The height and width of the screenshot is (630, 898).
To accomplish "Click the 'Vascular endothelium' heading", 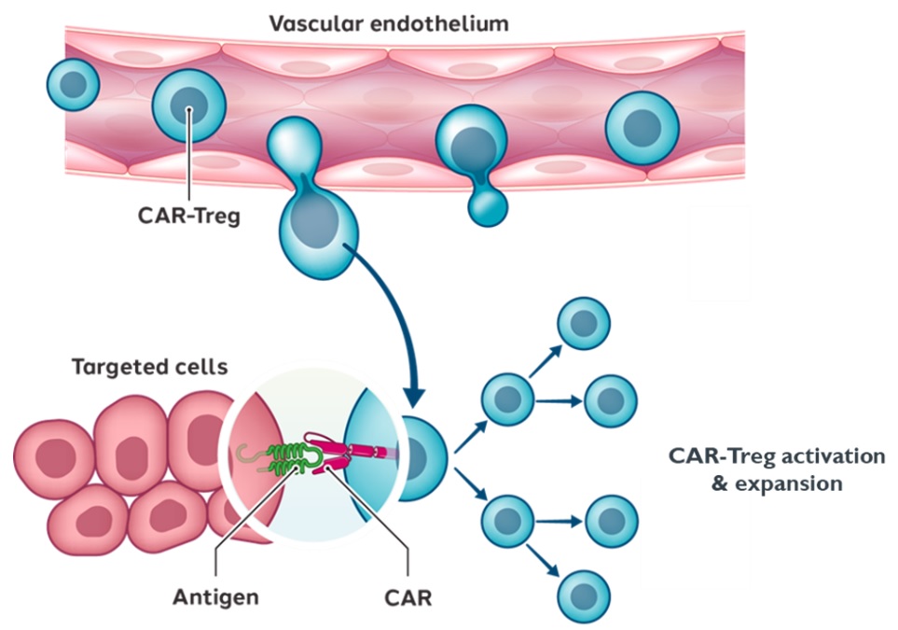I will tap(389, 23).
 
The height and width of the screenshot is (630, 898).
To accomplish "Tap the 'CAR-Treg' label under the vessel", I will tap(189, 217).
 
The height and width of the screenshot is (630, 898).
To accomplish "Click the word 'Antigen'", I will tap(215, 596).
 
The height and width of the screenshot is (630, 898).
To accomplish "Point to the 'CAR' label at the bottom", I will tap(408, 596).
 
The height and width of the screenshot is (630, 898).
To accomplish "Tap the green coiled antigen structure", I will tap(284, 456).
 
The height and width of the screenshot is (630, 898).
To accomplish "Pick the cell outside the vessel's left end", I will tap(73, 84).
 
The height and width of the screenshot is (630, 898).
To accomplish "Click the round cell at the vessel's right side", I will tap(642, 127).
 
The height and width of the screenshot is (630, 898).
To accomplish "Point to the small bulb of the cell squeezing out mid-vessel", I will tap(486, 204).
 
